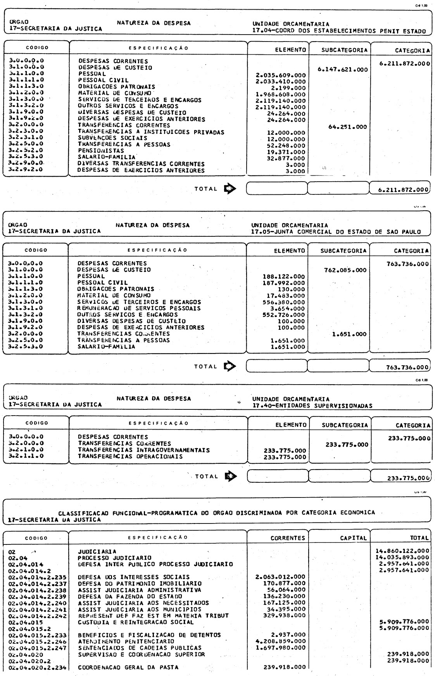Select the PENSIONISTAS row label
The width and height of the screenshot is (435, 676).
(101, 151)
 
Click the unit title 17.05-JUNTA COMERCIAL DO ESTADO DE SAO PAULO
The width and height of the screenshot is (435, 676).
(336, 232)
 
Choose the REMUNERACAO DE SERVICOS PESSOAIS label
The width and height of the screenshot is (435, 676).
(139, 308)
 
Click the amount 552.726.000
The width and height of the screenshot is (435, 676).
(284, 315)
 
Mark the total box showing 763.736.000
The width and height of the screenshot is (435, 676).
(400, 367)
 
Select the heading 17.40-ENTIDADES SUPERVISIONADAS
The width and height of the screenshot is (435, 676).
(312, 406)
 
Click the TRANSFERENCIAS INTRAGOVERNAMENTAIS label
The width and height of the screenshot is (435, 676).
(144, 450)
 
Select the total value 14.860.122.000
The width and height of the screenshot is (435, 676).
(402, 551)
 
